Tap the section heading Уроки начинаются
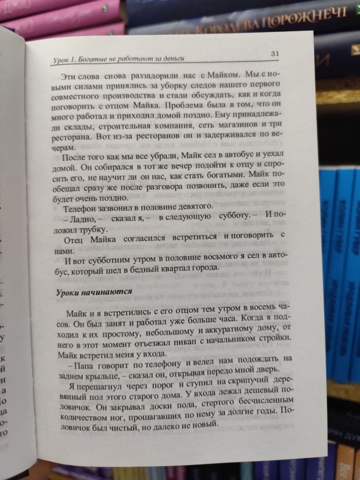[x=94, y=291]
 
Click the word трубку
[x=92, y=228]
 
